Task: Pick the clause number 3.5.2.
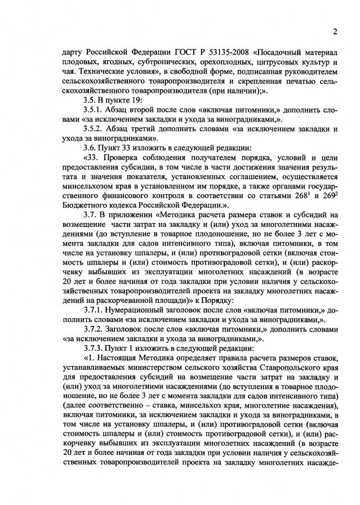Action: (94, 129)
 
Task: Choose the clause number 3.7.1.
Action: (94, 311)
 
